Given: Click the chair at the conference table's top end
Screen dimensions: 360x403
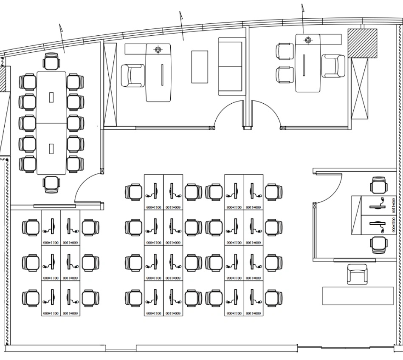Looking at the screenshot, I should tap(52, 61).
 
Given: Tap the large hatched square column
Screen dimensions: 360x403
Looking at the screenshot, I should tap(362, 43).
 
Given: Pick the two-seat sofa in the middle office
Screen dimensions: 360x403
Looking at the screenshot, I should tap(232, 66).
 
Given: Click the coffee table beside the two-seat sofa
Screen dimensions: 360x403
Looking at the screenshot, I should tap(200, 67).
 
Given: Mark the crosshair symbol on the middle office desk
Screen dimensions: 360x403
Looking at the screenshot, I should tap(158, 50).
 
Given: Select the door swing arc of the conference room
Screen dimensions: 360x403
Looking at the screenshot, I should tap(85, 187).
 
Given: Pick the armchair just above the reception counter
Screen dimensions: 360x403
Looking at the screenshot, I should tap(357, 274).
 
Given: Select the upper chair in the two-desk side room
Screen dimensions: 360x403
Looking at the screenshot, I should tap(378, 185).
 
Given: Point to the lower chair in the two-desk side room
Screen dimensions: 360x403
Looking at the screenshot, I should tap(378, 244).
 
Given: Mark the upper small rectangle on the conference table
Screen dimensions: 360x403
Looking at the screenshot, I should tap(52, 97).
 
